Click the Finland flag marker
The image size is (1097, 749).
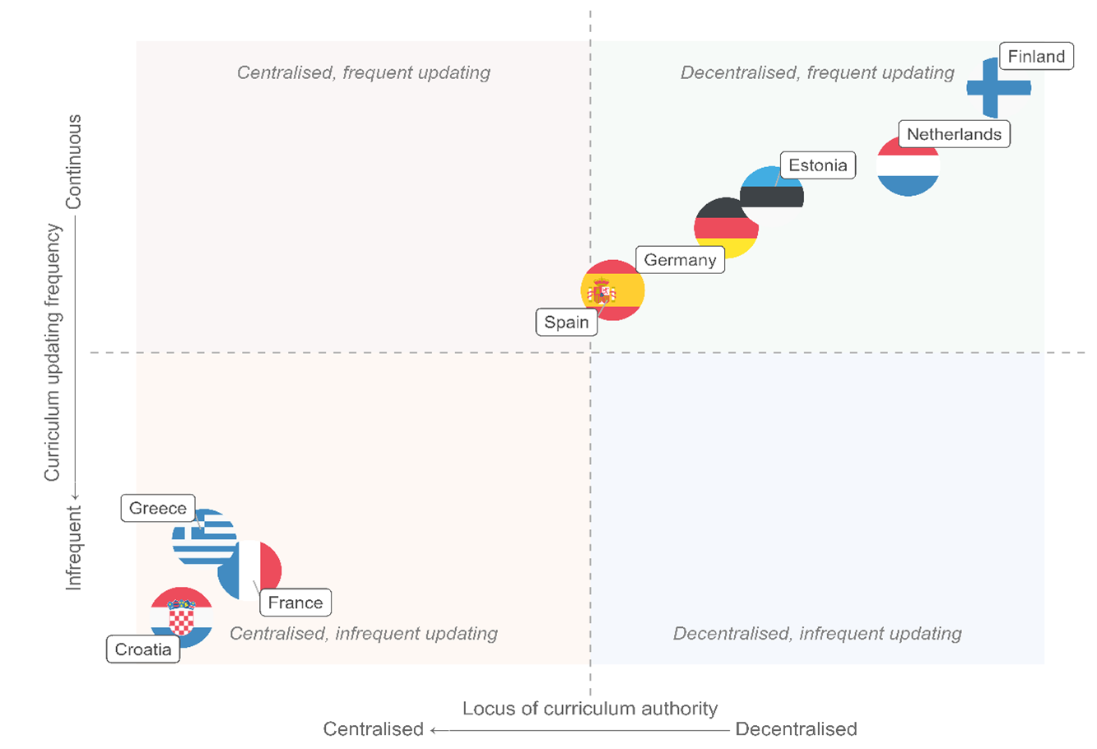point(997,87)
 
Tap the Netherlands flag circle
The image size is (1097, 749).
point(908,166)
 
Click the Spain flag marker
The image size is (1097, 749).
point(613,290)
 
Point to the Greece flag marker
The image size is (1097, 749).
point(202,537)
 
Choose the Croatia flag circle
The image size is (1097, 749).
point(182,616)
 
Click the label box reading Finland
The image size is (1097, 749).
point(1036,57)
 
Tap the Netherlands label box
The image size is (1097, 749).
point(954,134)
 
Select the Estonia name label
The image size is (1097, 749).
point(817,165)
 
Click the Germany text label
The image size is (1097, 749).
point(680,260)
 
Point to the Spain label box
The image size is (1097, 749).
point(566,322)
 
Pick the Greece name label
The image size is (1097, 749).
point(158,508)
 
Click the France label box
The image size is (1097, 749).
point(295,602)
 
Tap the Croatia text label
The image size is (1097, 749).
point(143,649)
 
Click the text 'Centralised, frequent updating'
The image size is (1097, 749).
point(363,72)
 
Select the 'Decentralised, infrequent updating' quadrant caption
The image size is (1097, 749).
point(817,634)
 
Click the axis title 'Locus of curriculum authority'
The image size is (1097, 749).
point(589,709)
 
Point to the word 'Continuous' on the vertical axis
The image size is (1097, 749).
point(74,161)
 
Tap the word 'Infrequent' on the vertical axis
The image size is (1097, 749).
point(74,547)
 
